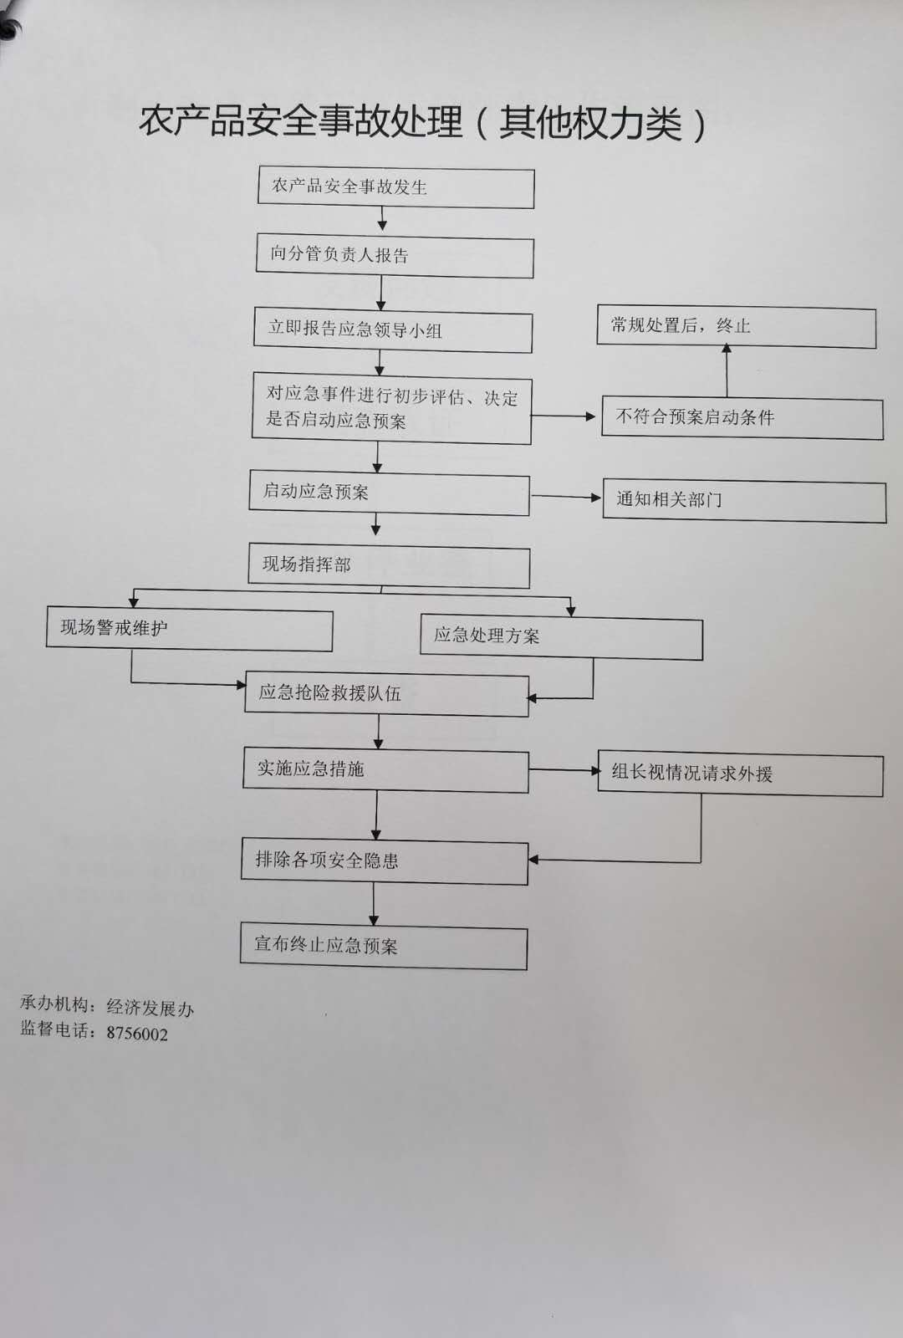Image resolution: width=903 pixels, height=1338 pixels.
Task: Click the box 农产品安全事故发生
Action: (396, 188)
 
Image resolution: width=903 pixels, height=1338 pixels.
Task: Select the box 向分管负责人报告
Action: (395, 257)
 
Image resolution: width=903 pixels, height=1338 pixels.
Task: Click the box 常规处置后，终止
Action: (737, 327)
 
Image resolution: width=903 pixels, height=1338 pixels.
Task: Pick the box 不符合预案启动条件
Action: (742, 417)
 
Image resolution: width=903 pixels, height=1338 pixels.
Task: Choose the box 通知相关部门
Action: (745, 501)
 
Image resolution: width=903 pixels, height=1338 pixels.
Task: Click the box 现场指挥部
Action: (389, 565)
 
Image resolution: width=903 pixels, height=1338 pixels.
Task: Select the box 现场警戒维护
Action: (189, 630)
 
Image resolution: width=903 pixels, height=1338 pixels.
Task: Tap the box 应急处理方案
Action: (561, 637)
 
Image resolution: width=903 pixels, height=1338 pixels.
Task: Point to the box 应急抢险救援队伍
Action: (387, 695)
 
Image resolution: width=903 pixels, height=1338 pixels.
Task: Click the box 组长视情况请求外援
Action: (741, 774)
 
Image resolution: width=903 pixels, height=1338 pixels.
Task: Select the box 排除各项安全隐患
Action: (385, 862)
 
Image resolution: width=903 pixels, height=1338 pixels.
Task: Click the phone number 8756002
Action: (137, 1034)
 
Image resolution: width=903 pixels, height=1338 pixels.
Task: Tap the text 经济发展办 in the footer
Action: (150, 1008)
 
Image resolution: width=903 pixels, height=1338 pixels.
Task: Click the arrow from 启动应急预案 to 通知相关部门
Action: (566, 497)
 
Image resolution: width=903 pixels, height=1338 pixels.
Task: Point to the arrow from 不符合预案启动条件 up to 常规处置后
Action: (727, 370)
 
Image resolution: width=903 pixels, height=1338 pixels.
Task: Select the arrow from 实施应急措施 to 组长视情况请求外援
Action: (564, 770)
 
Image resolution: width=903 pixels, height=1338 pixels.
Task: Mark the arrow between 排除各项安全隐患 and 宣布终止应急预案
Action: (374, 904)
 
